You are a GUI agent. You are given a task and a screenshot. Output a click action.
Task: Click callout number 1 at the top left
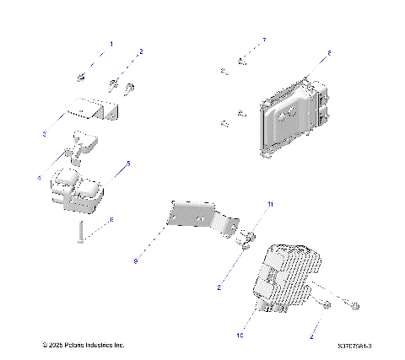109,42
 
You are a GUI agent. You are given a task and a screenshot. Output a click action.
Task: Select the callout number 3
45,134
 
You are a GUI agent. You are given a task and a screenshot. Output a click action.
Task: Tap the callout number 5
128,163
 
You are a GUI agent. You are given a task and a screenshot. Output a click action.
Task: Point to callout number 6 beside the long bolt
111,219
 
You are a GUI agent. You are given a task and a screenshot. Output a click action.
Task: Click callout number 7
263,40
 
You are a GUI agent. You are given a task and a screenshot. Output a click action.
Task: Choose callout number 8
329,52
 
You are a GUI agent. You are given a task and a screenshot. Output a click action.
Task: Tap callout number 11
270,205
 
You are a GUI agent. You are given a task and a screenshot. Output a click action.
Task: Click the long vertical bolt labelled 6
78,229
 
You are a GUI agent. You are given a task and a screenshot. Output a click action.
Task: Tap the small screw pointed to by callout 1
80,78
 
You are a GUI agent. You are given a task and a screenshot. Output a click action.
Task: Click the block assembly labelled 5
78,190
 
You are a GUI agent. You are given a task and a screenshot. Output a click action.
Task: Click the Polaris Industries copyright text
83,345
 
